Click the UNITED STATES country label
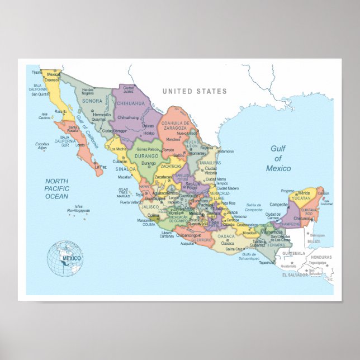(x=195, y=91)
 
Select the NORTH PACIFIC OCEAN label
(x=57, y=188)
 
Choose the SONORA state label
(x=92, y=101)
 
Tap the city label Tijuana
(x=36, y=73)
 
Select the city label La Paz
(x=100, y=167)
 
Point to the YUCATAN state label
(x=301, y=197)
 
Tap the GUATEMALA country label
(x=293, y=253)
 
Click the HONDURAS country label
(x=321, y=257)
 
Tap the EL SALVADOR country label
(x=294, y=275)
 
